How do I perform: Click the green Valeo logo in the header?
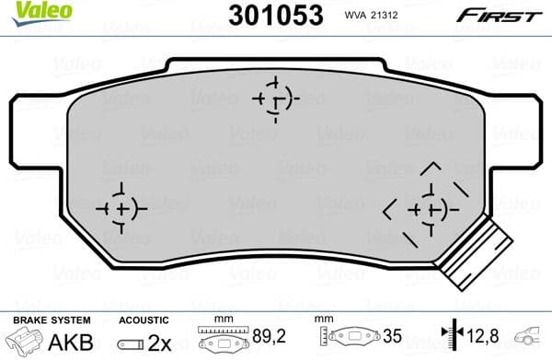pos(28,9)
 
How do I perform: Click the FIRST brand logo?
pos(509,14)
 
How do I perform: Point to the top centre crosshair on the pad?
pos(275,97)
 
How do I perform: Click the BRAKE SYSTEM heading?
pos(51,319)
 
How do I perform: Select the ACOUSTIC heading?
pos(144,319)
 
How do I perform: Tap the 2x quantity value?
pos(157,343)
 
